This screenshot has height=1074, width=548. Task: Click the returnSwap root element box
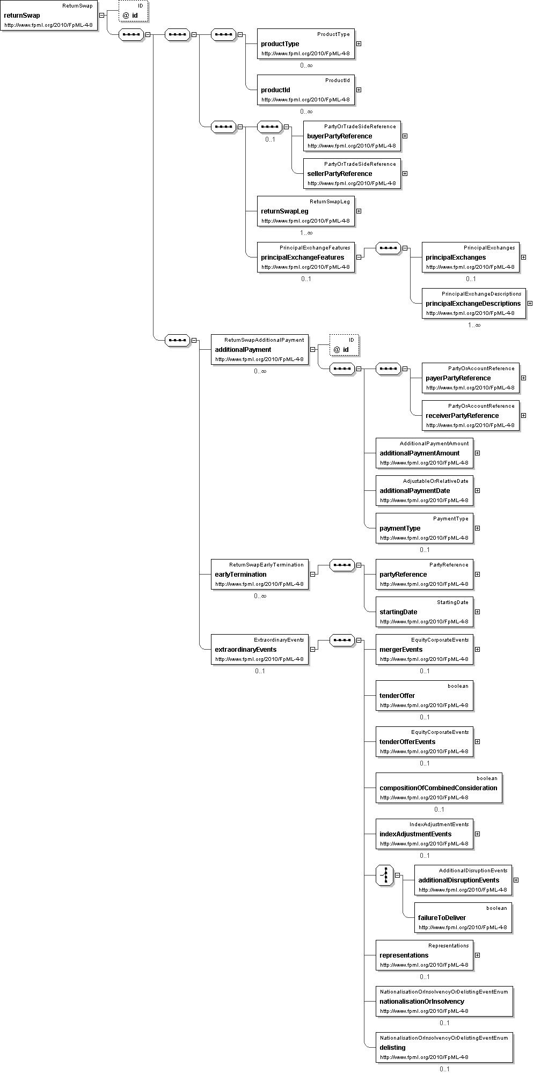[49, 16]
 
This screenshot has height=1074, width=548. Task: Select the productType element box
[305, 44]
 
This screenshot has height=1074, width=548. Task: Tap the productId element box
[305, 90]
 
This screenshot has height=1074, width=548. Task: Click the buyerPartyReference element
[352, 136]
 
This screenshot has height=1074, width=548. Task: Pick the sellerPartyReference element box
[352, 174]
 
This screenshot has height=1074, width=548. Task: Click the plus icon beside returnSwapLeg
[359, 211]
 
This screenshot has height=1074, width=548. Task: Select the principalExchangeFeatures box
[305, 258]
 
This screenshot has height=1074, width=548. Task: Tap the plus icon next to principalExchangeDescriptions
[530, 303]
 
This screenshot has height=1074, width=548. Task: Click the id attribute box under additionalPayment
[344, 345]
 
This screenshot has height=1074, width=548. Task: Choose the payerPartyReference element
[470, 378]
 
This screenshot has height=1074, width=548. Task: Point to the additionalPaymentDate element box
[424, 491]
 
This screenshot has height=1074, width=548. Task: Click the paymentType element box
[424, 528]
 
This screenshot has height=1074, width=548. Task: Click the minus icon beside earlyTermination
[313, 574]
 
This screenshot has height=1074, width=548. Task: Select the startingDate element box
[424, 612]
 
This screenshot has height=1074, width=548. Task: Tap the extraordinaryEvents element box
[259, 650]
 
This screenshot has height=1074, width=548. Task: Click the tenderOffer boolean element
[424, 696]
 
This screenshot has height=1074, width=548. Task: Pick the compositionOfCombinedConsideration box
[439, 788]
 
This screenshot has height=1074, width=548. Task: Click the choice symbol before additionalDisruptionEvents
[385, 876]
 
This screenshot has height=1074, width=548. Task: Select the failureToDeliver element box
[463, 918]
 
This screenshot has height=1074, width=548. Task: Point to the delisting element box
[444, 1048]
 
